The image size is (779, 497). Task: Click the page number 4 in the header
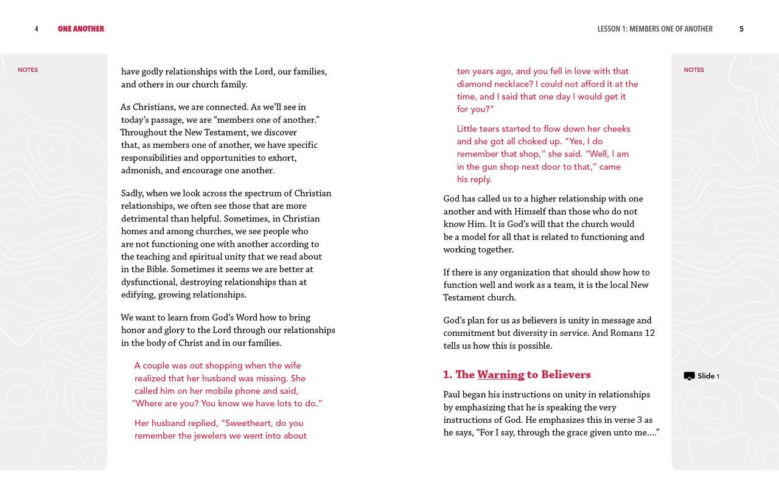37,29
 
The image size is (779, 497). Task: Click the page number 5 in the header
741,29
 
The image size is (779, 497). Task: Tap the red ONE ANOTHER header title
81,29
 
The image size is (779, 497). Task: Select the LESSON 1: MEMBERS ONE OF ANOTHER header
655,29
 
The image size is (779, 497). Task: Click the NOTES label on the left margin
28,70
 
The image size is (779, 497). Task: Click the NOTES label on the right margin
694,70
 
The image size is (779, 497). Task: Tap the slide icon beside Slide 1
689,376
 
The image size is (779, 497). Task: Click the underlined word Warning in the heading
500,375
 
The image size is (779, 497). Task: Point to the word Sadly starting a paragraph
132,193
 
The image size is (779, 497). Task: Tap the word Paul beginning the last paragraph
453,395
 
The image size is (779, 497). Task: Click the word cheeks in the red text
616,129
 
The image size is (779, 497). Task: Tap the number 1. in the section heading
448,375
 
